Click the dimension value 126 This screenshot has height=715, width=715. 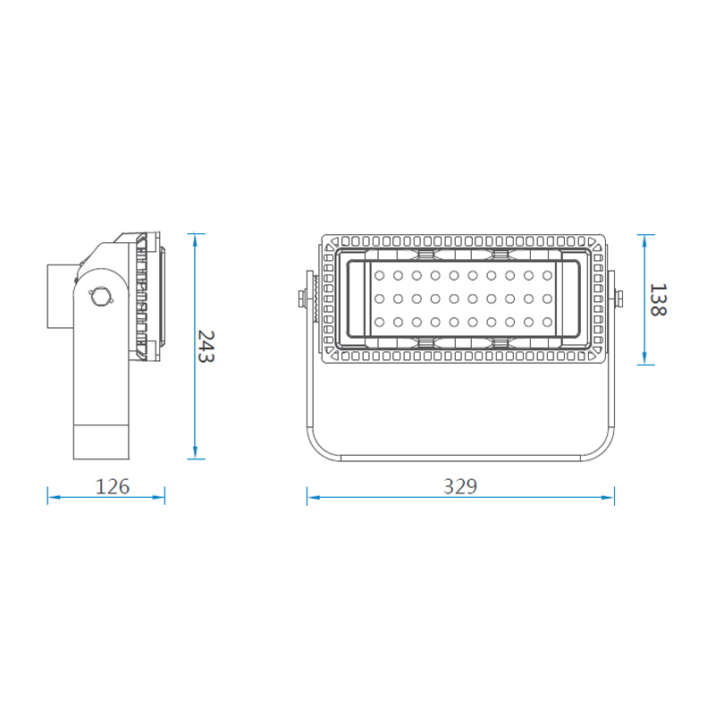tap(114, 487)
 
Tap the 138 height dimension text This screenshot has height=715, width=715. tap(657, 300)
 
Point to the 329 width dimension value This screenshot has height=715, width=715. tap(460, 487)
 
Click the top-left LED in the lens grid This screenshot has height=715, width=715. tap(380, 274)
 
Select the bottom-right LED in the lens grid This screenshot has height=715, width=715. tap(546, 322)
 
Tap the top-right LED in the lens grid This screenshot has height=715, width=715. tap(546, 274)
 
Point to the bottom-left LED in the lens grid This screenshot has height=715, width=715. tap(380, 322)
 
